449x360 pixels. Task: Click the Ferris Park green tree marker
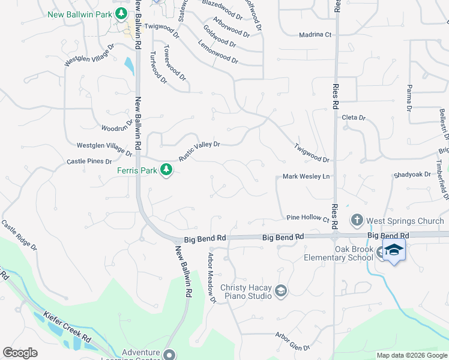tap(166, 171)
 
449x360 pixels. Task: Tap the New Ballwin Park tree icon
tap(121, 13)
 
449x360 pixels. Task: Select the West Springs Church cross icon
tap(357, 221)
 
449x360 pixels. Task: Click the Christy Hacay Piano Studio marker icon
tap(280, 292)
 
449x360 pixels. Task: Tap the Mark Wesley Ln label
tap(306, 177)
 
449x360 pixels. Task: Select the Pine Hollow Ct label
tap(308, 218)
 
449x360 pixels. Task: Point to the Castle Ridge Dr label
tap(19, 235)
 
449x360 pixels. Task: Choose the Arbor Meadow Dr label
tap(211, 278)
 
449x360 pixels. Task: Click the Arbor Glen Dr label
tap(292, 341)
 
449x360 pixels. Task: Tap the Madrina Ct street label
tap(315, 35)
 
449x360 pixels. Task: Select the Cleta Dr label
tap(353, 118)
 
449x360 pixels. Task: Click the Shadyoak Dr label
tap(412, 175)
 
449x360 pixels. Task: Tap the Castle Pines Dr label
tap(89, 161)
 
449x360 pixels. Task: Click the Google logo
tap(20, 353)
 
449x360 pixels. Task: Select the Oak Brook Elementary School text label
tap(346, 254)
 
